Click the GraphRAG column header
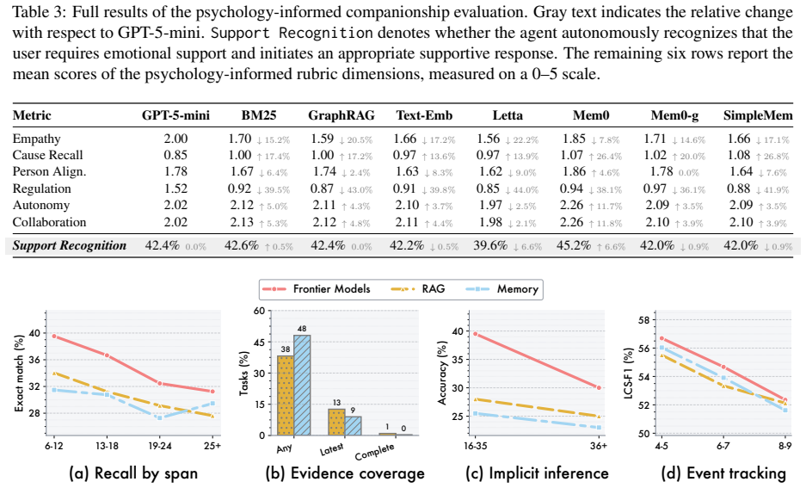click(x=341, y=115)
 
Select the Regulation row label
click(x=41, y=188)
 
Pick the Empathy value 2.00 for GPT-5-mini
click(x=175, y=139)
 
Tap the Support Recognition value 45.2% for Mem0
click(x=574, y=245)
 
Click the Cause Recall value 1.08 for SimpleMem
click(x=739, y=155)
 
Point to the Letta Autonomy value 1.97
click(x=489, y=205)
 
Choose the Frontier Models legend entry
click(x=317, y=289)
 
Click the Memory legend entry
click(x=502, y=289)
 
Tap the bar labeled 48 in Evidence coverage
click(x=302, y=386)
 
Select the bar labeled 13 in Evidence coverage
click(x=336, y=423)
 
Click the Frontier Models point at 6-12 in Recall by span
click(x=54, y=336)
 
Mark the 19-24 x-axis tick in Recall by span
click(x=160, y=446)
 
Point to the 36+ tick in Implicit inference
click(x=599, y=446)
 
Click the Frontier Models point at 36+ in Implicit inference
click(x=599, y=387)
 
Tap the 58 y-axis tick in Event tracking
click(x=643, y=320)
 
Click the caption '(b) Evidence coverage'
click(x=345, y=473)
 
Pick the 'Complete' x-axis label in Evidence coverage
click(x=375, y=452)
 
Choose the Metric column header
click(x=32, y=115)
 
